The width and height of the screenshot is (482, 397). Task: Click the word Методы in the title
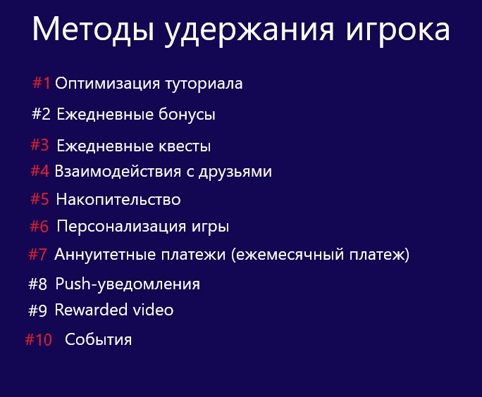93,29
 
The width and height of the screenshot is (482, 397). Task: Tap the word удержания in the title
249,31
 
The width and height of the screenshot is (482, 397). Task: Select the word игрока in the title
397,31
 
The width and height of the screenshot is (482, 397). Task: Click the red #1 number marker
42,83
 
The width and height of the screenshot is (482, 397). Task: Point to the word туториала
204,84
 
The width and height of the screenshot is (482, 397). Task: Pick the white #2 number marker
41,114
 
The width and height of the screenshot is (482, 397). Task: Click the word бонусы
187,115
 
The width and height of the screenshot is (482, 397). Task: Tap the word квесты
185,146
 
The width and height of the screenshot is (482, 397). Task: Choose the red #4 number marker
39,171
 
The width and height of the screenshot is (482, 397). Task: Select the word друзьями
235,172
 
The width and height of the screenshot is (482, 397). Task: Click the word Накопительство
118,200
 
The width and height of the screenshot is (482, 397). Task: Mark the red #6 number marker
39,227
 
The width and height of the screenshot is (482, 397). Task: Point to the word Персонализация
121,227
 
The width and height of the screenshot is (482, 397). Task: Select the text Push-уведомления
128,284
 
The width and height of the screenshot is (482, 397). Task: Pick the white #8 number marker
37,284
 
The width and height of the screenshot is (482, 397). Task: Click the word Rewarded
91,310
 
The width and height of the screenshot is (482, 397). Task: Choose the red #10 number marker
39,340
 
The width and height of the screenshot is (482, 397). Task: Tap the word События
99,339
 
